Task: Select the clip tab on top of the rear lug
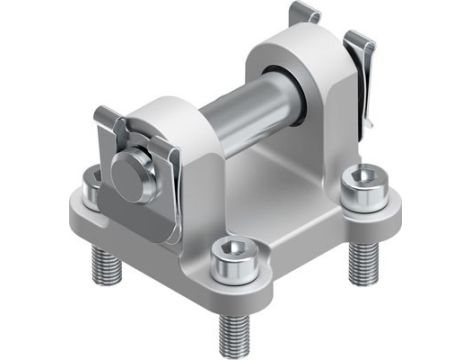coord(303,13)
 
